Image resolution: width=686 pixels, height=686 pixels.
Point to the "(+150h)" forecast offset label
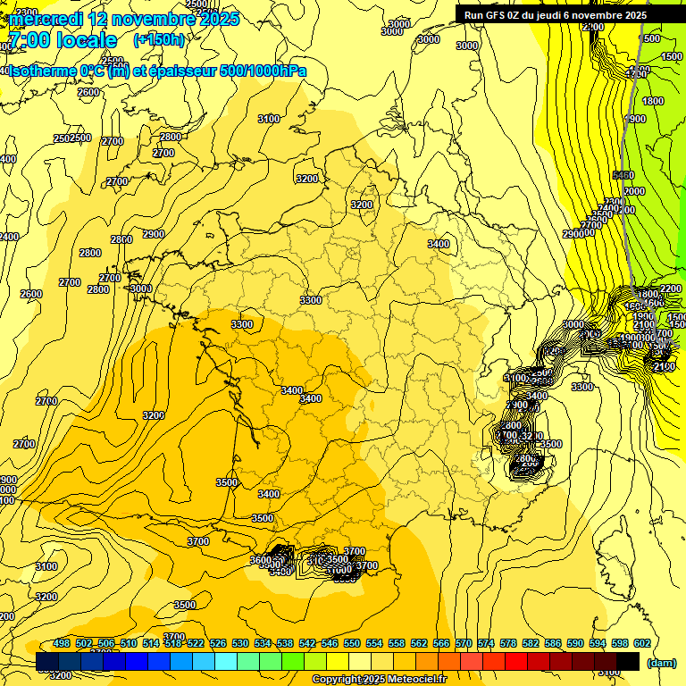tap(159, 40)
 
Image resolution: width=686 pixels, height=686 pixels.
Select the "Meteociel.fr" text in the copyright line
tap(411, 680)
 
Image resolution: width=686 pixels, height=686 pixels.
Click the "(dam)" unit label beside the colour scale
tap(660, 662)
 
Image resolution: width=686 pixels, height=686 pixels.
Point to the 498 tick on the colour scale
tap(62, 643)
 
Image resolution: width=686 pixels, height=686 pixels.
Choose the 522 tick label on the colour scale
tap(196, 643)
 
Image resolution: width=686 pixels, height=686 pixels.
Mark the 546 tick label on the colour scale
tap(330, 643)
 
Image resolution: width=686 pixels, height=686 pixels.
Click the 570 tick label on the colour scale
tap(464, 643)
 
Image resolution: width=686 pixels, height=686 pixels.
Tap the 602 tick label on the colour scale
tap(642, 643)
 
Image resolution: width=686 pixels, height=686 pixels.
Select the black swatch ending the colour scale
tap(628, 661)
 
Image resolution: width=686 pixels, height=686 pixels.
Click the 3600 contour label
tap(260, 560)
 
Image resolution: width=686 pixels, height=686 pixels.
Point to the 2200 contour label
tap(671, 289)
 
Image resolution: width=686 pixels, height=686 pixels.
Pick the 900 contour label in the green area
tap(637, 119)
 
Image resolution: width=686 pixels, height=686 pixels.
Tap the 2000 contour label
tap(634, 191)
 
